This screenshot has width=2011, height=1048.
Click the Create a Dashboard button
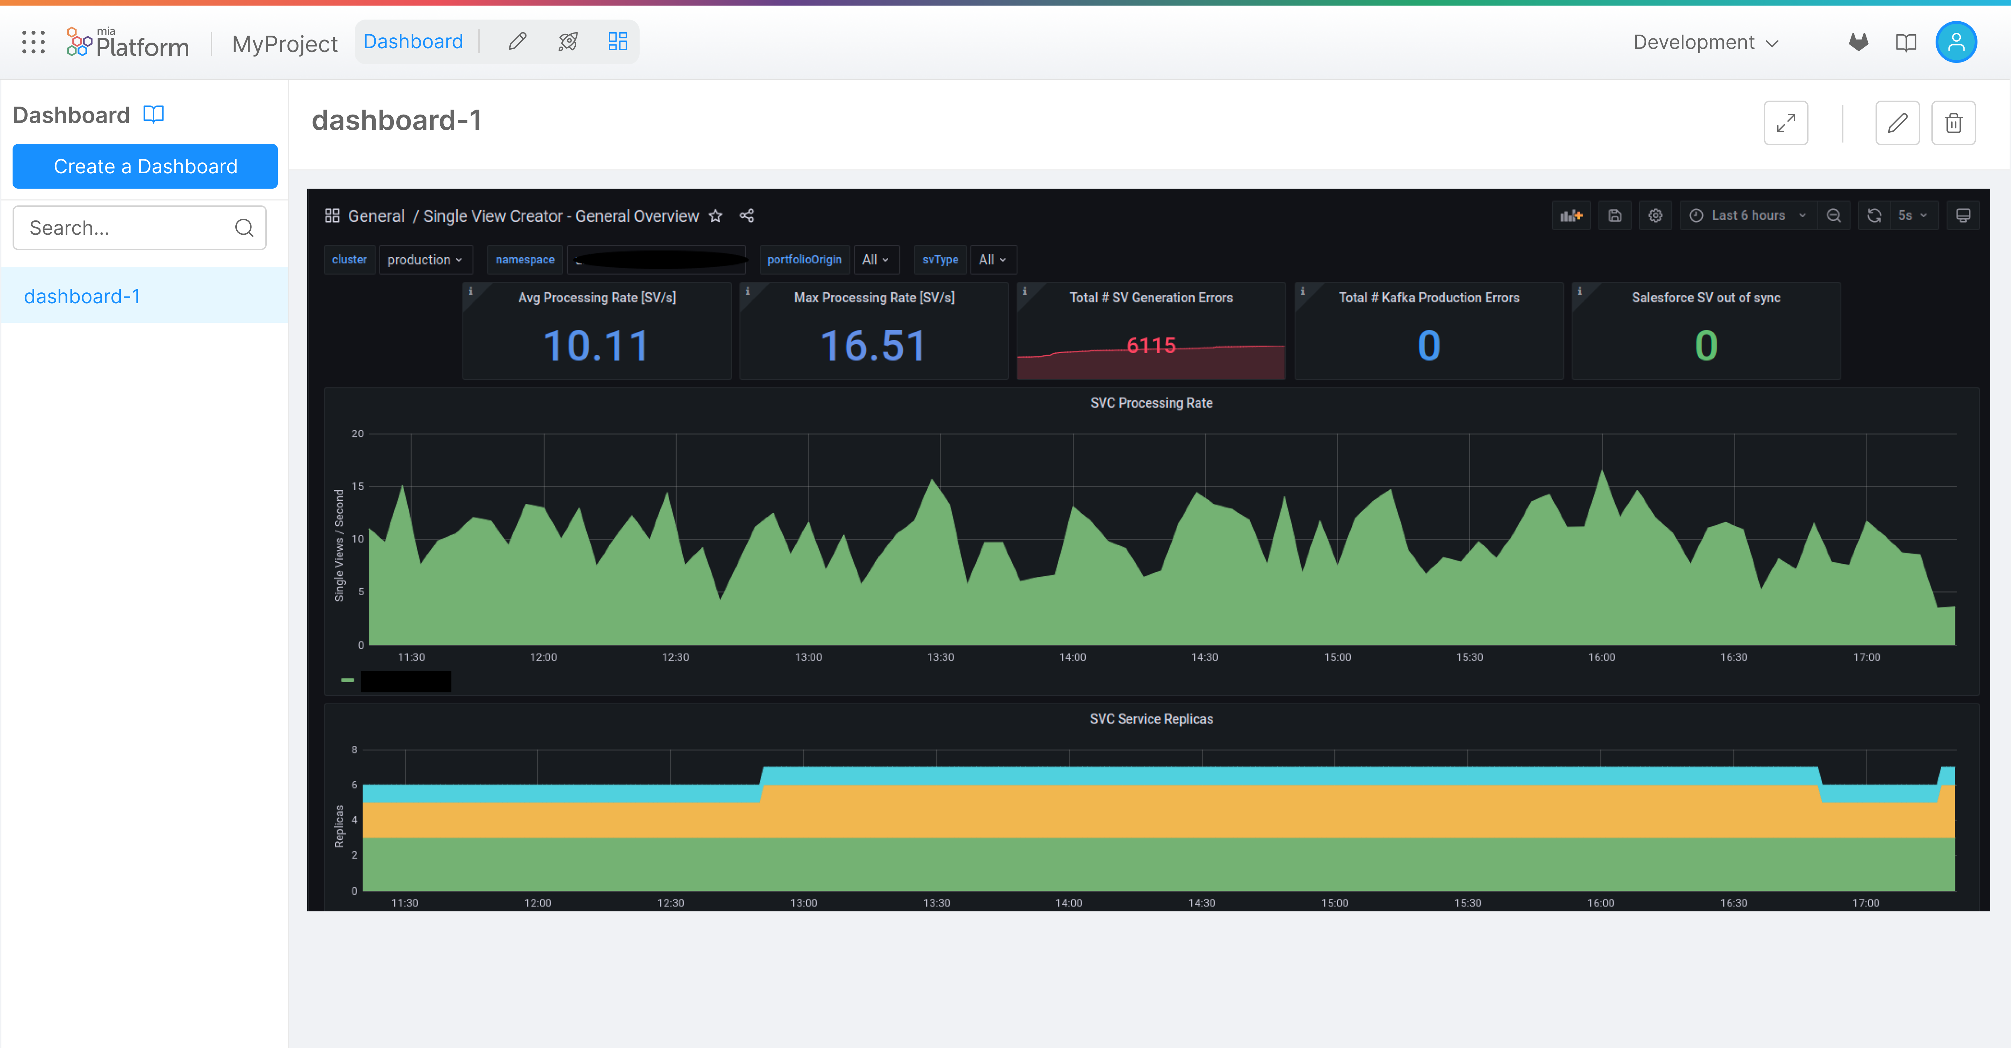point(145,166)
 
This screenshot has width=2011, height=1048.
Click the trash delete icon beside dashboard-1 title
point(1953,123)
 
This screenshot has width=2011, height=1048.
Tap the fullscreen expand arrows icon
point(1785,123)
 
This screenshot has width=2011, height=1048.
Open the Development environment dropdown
point(1706,42)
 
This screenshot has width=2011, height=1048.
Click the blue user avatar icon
point(1955,42)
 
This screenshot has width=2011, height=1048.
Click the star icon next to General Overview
point(715,216)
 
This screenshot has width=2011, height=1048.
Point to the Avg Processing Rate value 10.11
point(596,346)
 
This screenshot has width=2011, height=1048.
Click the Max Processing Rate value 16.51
point(874,346)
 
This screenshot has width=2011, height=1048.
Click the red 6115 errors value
point(1151,345)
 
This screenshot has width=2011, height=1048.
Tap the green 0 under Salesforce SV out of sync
point(1706,346)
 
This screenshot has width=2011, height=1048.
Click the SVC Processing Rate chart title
point(1151,403)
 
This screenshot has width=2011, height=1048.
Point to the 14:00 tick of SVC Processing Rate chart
point(1072,657)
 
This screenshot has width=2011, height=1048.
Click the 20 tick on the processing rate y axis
point(358,434)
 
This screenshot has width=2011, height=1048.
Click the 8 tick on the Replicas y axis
point(354,750)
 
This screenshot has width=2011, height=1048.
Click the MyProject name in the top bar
point(284,44)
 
